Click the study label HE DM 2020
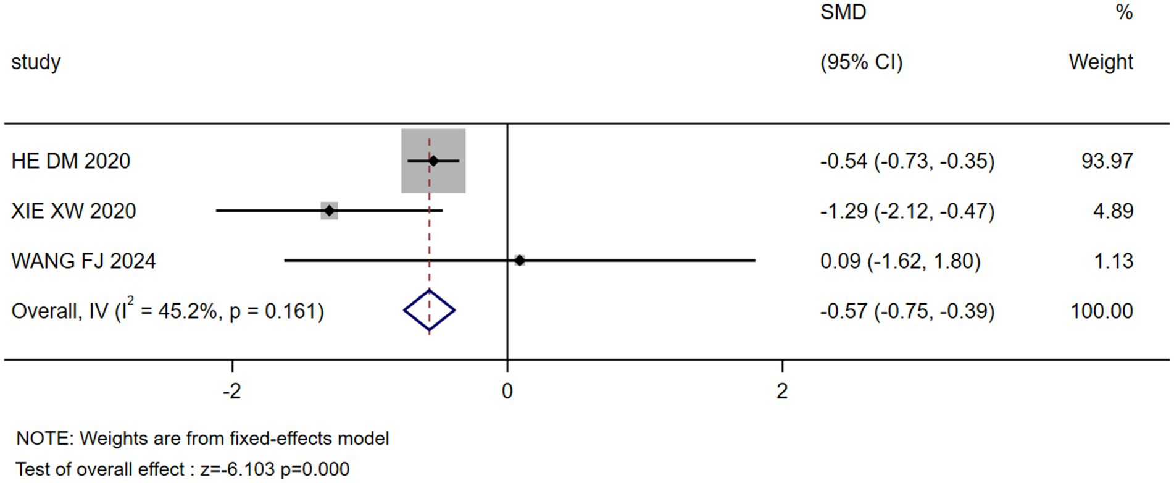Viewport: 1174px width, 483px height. [71, 161]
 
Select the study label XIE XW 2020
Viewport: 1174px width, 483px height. [73, 211]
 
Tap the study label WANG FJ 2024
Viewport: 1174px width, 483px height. [83, 261]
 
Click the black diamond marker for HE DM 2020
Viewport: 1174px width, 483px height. [433, 161]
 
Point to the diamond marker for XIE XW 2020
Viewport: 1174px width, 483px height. [330, 211]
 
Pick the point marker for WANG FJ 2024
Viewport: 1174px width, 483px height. [520, 261]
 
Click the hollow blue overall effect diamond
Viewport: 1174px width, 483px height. [430, 310]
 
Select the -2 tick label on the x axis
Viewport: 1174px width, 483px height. [231, 391]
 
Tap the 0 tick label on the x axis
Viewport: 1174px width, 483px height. [507, 391]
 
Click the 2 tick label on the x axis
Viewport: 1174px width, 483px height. [782, 391]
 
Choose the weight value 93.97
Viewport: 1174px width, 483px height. [1107, 161]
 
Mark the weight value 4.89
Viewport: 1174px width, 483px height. [1113, 211]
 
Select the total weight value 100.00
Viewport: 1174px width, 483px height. [1102, 311]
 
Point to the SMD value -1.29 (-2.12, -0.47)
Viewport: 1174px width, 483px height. [907, 211]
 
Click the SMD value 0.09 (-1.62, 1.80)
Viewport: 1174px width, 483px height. [900, 261]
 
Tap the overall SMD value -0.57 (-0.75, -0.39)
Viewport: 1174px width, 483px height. [907, 311]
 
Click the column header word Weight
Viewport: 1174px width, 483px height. [1101, 62]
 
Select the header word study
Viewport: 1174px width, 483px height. [36, 62]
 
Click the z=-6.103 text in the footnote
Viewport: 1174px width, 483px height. [238, 469]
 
